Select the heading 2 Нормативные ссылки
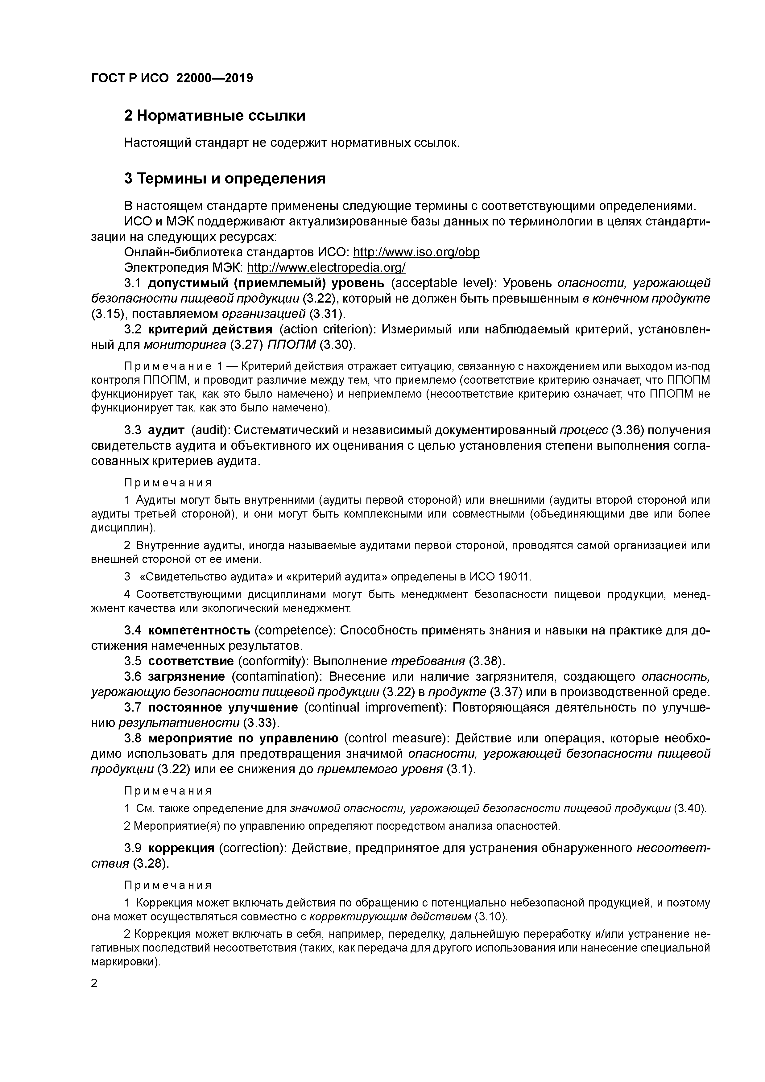214,115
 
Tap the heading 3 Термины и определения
225,179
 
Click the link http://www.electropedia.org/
326,268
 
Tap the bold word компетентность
199,630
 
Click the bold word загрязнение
186,677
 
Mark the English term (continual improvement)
373,707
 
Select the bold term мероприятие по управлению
243,738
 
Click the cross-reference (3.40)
690,809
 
